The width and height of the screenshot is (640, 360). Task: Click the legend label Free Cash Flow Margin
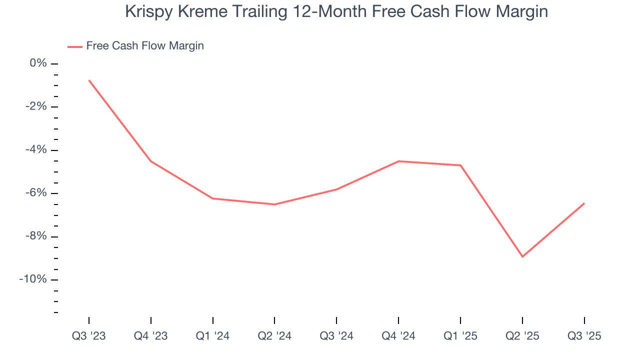145,46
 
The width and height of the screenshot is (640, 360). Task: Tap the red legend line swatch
75,46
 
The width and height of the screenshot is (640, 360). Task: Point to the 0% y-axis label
38,63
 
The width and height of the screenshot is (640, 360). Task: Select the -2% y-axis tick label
36,106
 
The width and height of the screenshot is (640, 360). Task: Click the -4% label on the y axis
36,150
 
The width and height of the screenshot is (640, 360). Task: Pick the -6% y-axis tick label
36,193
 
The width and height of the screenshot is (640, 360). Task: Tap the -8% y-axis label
36,236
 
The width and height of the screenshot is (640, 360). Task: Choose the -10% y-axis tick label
34,279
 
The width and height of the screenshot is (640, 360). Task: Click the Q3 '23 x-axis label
89,336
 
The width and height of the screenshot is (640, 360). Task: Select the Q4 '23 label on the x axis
151,336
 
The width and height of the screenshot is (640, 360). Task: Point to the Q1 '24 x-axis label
213,336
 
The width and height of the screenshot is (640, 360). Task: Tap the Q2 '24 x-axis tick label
274,336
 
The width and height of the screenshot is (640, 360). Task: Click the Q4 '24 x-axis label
398,336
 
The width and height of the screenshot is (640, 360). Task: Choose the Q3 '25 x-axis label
584,336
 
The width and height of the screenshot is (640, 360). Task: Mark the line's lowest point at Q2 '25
522,256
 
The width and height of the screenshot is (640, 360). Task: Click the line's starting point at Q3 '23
89,80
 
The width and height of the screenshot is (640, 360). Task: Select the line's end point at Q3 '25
584,203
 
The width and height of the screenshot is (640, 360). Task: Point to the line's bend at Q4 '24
398,161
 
